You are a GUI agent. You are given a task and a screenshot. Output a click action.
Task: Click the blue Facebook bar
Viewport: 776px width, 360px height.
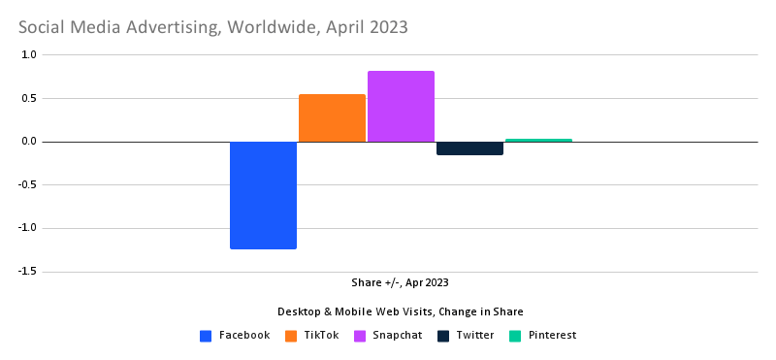click(x=263, y=195)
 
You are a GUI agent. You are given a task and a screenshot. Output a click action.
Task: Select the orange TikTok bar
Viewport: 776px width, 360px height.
click(x=332, y=117)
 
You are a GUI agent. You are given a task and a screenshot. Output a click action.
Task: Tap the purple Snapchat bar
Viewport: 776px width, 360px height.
click(x=401, y=106)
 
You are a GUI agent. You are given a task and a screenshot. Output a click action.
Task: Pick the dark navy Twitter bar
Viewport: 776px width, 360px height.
click(x=469, y=148)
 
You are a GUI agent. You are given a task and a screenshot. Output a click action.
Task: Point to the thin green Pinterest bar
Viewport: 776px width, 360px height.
click(x=538, y=140)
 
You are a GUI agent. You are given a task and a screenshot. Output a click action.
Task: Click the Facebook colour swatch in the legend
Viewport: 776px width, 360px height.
click(x=206, y=336)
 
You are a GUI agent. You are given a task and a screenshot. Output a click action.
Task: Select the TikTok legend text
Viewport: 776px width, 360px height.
click(x=320, y=336)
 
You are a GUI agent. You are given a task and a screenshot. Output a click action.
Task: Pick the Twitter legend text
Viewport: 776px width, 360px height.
click(x=474, y=336)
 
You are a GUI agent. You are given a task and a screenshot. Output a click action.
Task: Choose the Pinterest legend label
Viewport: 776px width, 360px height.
click(x=552, y=336)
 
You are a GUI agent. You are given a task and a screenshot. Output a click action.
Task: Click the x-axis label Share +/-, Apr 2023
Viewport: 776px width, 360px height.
click(x=401, y=283)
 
